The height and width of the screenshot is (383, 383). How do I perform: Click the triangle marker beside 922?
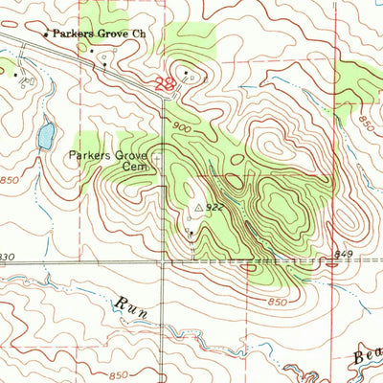(x=199, y=206)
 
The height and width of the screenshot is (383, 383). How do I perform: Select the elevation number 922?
(x=216, y=205)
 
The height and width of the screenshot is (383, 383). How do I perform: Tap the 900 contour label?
(x=185, y=127)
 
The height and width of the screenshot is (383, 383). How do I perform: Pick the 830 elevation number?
(x=9, y=256)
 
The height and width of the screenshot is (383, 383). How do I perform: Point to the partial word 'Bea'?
(x=365, y=359)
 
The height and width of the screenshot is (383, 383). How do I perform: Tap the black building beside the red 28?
(x=187, y=74)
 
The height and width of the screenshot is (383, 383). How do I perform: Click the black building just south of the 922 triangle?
(x=191, y=233)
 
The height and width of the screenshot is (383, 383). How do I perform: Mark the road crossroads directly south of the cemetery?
(x=162, y=261)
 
